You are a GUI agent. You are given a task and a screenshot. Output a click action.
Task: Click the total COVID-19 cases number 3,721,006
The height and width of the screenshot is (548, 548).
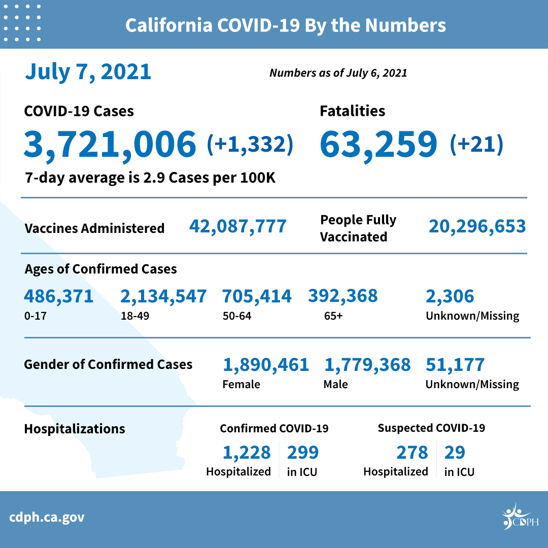[110, 143]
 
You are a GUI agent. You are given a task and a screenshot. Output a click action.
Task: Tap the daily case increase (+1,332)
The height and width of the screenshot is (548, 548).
[250, 144]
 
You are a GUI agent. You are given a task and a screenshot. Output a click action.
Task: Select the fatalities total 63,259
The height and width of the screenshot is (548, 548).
[378, 143]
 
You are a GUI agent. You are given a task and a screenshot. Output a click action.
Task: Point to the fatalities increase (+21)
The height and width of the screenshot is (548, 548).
[476, 144]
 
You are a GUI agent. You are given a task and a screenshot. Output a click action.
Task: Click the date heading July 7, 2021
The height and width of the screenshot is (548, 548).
[88, 72]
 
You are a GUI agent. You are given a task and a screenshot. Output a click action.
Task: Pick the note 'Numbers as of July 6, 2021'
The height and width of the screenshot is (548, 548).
[338, 73]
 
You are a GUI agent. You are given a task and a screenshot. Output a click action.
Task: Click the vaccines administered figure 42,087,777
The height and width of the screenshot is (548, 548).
[238, 226]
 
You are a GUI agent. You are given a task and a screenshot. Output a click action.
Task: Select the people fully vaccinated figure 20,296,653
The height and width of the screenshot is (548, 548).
[477, 226]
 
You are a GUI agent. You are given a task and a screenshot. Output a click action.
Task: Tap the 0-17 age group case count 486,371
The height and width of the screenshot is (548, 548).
[59, 296]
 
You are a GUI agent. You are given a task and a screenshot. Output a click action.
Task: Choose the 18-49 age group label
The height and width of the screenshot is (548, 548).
[134, 316]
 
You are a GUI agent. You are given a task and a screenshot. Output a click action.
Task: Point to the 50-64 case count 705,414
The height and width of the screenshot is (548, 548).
[257, 296]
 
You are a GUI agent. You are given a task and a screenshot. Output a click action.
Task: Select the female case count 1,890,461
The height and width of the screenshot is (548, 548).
[266, 364]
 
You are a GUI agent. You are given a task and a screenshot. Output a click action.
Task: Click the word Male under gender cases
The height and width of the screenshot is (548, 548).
[335, 384]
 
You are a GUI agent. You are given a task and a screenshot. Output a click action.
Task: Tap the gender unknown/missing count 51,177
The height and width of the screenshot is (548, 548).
[455, 364]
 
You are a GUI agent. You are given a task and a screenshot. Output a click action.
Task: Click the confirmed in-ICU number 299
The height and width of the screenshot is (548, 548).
[303, 452]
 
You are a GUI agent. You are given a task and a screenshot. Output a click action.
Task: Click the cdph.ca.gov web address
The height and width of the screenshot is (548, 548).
[47, 518]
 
